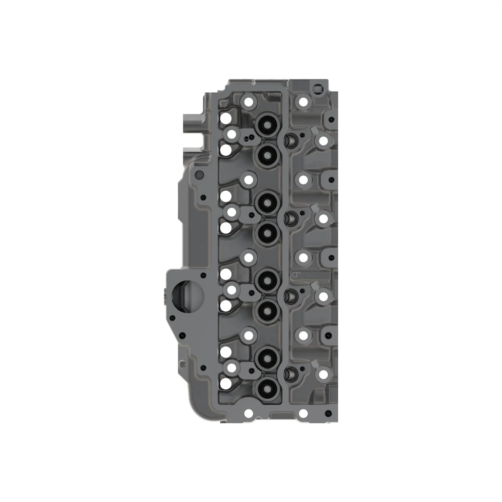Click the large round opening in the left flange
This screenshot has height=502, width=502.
point(187,296)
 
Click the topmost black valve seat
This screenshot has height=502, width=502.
point(267,125)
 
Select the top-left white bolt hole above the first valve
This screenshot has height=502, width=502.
point(249,102)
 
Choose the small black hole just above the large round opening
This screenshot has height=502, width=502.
point(204,275)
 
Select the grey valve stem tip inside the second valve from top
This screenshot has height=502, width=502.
point(267,156)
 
